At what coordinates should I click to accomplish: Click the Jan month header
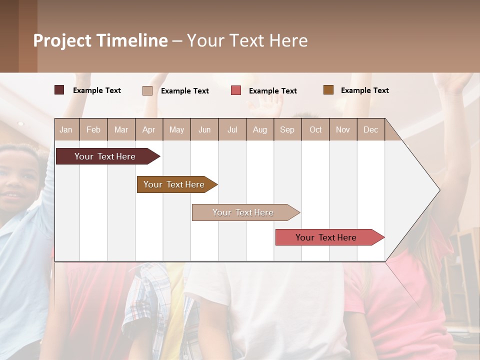[66, 130]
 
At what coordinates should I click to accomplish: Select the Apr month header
[148, 130]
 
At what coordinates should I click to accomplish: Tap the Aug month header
[259, 130]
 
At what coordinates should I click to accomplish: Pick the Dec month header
[370, 130]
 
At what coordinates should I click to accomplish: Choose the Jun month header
[204, 130]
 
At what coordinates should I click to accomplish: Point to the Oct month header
[315, 130]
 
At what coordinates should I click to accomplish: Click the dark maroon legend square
[59, 90]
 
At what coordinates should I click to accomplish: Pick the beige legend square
[147, 90]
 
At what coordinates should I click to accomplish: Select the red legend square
[236, 90]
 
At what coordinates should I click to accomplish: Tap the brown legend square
[328, 90]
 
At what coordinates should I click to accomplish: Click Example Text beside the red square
[272, 91]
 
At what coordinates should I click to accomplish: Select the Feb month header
[93, 130]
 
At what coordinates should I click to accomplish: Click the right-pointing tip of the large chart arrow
[438, 190]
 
